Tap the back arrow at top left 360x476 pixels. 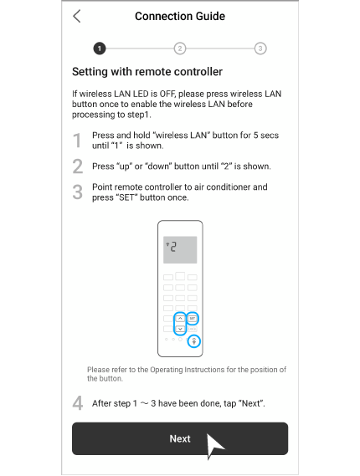pyautogui.click(x=77, y=16)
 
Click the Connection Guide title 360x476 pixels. pyautogui.click(x=180, y=16)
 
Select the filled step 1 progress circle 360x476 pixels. pyautogui.click(x=100, y=49)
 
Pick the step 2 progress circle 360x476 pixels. pyautogui.click(x=180, y=49)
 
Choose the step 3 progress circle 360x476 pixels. pyautogui.click(x=260, y=49)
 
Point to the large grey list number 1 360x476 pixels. pyautogui.click(x=78, y=141)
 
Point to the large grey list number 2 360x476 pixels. pyautogui.click(x=78, y=166)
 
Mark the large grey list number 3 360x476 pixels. pyautogui.click(x=78, y=192)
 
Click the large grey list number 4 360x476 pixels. pyautogui.click(x=78, y=403)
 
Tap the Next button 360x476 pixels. pyautogui.click(x=180, y=438)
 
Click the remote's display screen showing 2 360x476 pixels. pyautogui.click(x=180, y=249)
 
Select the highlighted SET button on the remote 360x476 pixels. pyautogui.click(x=193, y=319)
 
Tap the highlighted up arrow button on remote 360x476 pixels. pyautogui.click(x=180, y=319)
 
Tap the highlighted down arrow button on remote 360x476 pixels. pyautogui.click(x=180, y=330)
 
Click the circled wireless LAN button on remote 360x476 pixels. pyautogui.click(x=194, y=340)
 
